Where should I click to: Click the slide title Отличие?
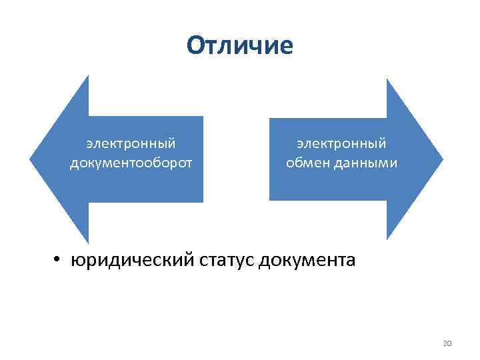coord(240,46)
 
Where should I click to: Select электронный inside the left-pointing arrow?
coord(131,143)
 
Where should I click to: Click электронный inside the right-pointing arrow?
coord(341,143)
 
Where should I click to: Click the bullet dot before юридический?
coord(59,259)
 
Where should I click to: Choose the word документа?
coord(307,259)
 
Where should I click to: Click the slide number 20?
coord(447,343)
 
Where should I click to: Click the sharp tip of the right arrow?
coord(442,159)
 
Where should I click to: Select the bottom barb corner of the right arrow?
coord(387,239)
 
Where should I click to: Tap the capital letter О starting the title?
coord(195,46)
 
